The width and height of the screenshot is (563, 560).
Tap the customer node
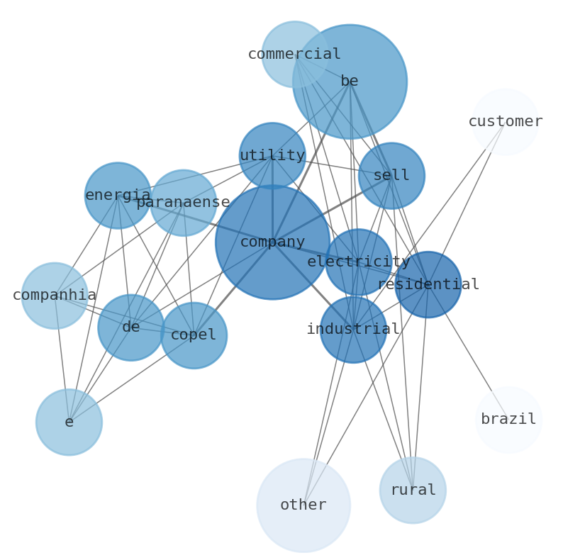[x=505, y=121]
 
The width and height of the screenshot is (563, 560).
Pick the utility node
[x=272, y=155]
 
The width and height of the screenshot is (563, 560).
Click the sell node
[x=391, y=175]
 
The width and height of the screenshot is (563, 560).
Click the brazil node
[x=508, y=420]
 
